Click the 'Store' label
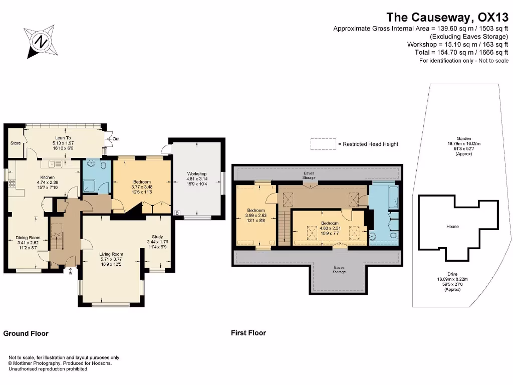tap(16, 143)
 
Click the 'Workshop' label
tap(197, 174)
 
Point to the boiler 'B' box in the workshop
tap(176, 213)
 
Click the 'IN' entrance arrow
tap(71, 272)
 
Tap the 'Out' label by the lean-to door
tap(116, 139)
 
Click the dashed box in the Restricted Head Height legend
tap(323, 144)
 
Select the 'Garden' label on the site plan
tap(463, 138)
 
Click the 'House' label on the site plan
tap(452, 227)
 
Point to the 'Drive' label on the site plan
tap(452, 274)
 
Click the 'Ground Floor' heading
tap(26, 333)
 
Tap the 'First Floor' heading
tap(248, 333)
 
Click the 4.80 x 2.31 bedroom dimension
tap(330, 228)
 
